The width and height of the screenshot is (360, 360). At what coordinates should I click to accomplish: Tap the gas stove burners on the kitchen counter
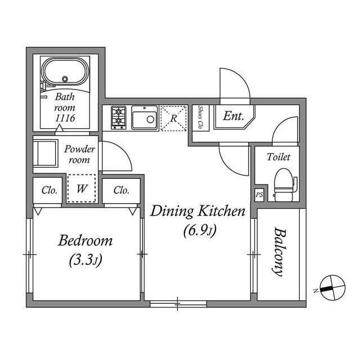tap(119, 118)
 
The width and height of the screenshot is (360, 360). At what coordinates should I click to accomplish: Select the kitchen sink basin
tap(145, 118)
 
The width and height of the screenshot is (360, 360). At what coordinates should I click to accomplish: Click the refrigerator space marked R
tap(174, 118)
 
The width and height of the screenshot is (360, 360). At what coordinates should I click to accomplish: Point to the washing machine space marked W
tap(82, 188)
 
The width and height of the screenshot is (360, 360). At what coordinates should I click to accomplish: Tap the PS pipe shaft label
tap(259, 195)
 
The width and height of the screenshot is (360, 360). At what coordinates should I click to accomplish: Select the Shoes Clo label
tap(200, 117)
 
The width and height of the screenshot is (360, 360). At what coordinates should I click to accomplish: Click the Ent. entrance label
tap(233, 116)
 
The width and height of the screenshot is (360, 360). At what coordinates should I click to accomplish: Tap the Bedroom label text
tap(85, 241)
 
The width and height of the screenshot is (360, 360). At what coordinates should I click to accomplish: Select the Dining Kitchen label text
tap(197, 211)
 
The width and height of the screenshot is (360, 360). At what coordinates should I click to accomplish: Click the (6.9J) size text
tap(200, 230)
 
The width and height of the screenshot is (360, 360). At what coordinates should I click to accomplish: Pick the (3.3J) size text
tap(85, 260)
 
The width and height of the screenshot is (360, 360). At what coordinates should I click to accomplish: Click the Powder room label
tap(79, 154)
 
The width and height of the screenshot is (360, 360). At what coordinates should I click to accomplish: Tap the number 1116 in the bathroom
tap(65, 118)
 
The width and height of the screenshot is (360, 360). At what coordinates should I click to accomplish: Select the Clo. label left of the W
tap(49, 190)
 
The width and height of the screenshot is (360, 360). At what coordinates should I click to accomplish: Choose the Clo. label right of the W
tap(121, 190)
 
